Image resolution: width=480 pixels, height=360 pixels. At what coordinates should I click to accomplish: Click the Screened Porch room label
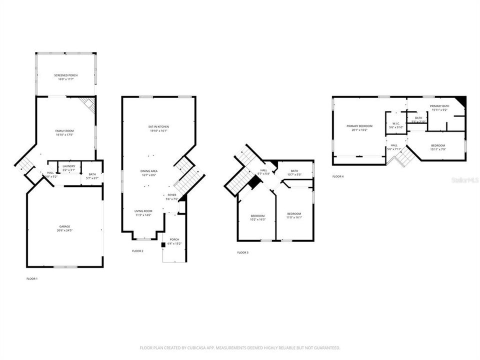click(x=66, y=75)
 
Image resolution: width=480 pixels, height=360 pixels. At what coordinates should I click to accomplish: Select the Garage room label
click(x=64, y=226)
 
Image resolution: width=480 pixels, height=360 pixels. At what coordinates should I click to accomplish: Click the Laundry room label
click(x=69, y=166)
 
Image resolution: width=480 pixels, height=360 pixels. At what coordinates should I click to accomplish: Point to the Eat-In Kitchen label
click(x=158, y=127)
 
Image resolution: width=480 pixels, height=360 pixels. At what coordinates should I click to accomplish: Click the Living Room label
click(x=143, y=211)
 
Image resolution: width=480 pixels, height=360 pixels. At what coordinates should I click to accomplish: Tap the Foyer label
click(x=172, y=195)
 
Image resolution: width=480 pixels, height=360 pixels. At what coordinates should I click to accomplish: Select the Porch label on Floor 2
click(x=174, y=239)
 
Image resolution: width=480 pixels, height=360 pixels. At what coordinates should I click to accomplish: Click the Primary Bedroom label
click(x=359, y=126)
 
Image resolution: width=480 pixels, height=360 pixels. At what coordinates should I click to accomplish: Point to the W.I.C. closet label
click(x=395, y=123)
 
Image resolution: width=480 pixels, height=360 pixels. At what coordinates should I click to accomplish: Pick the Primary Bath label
click(x=439, y=106)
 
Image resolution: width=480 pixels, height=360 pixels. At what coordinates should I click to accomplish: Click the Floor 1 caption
click(x=32, y=278)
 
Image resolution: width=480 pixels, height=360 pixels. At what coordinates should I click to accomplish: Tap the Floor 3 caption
click(x=242, y=252)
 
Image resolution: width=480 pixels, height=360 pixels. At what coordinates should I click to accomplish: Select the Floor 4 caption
click(x=338, y=176)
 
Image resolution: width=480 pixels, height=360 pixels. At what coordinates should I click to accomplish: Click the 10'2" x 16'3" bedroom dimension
click(x=258, y=219)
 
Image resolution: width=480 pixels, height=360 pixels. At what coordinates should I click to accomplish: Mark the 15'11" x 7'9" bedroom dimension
click(x=437, y=149)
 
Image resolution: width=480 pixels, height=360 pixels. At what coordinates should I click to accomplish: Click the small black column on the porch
click(x=163, y=244)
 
